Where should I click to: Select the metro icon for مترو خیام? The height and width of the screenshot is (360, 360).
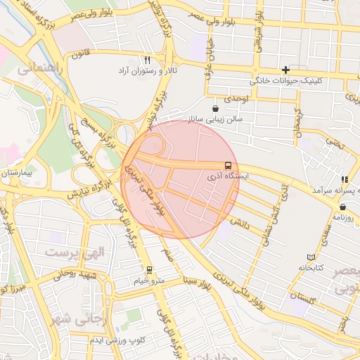pos(148,269)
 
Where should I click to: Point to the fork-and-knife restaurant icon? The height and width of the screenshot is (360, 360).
pos(147,60)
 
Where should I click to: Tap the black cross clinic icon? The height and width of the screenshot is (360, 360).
pos(285,70)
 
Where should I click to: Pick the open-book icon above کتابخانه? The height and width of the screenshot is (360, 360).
pos(311,257)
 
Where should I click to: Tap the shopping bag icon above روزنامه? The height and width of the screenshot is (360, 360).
pos(342,207)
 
